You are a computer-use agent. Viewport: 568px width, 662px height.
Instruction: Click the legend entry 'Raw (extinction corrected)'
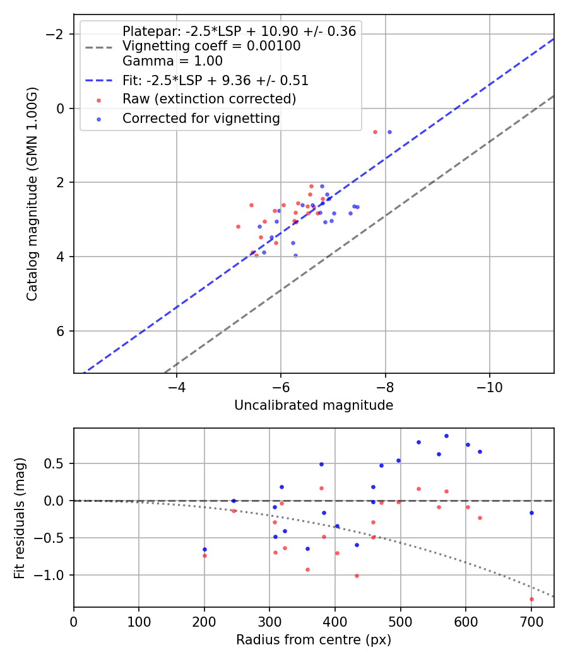coord(209,99)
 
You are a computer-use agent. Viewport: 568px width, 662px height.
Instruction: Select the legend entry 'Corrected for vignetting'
coord(201,118)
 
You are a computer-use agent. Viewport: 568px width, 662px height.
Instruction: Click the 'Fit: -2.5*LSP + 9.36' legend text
coord(215,81)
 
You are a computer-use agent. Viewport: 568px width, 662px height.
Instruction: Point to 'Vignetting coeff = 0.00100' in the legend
coord(211,46)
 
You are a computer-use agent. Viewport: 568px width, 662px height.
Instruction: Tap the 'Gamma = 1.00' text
coord(172,61)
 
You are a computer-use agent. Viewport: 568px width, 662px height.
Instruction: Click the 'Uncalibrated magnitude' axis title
coord(314,405)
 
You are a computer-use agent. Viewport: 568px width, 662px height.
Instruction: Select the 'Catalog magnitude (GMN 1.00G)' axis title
coord(33,194)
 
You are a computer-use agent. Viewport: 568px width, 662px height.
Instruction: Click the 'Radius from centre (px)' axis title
coord(314,640)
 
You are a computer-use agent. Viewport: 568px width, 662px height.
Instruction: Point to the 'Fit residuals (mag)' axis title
coord(20,518)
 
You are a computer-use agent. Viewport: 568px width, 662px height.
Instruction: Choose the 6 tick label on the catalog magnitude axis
coord(62,331)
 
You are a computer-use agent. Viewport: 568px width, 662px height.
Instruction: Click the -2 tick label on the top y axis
coord(57,34)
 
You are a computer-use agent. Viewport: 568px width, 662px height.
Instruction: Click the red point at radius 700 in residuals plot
coord(531,599)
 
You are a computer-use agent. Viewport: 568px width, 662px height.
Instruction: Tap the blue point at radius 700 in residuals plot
coord(531,513)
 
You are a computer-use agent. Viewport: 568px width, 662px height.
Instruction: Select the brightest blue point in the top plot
coord(389,132)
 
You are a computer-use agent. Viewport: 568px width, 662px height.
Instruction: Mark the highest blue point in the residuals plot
coord(446,436)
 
